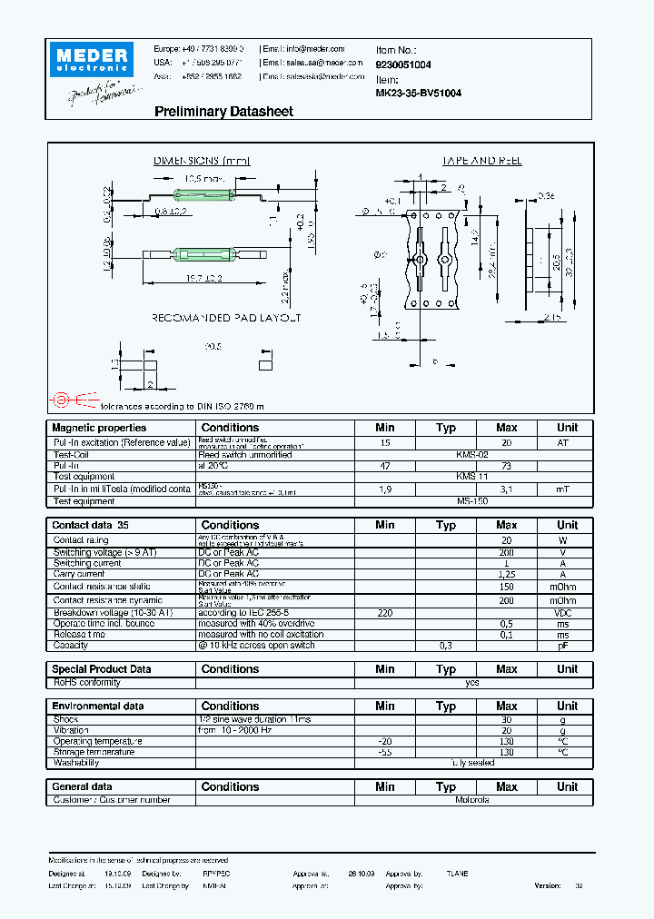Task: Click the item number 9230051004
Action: tap(403, 65)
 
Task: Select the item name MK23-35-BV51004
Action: tap(418, 93)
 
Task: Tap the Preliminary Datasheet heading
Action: tap(223, 112)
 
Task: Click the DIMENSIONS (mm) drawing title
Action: tap(201, 161)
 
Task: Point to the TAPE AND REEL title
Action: tap(481, 161)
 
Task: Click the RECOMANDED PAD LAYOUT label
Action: tap(226, 318)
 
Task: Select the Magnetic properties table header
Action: tap(99, 428)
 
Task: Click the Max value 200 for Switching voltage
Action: tap(506, 552)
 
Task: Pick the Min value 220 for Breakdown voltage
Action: tap(385, 613)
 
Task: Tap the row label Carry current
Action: tap(79, 574)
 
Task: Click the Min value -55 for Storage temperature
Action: tap(385, 752)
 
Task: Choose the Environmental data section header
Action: tap(98, 706)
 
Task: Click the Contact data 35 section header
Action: tap(91, 525)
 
